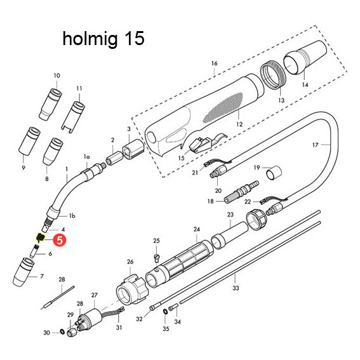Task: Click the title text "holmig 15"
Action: (x=103, y=39)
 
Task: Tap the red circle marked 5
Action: (x=59, y=240)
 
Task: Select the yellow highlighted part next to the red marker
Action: (x=38, y=238)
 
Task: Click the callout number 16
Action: (x=214, y=63)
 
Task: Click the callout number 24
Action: (x=196, y=229)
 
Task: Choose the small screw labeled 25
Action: (x=156, y=256)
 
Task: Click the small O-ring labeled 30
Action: (x=62, y=332)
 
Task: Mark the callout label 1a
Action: (x=87, y=156)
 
